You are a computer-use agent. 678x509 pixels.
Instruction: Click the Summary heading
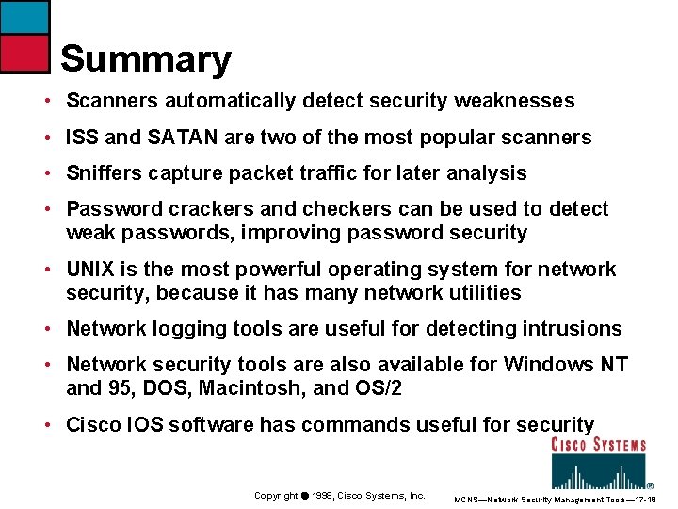pyautogui.click(x=146, y=59)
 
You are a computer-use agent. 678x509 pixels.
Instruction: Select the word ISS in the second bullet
pyautogui.click(x=82, y=138)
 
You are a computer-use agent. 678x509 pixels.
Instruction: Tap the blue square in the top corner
pyautogui.click(x=24, y=17)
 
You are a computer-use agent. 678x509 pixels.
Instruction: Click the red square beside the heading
pyautogui.click(x=24, y=54)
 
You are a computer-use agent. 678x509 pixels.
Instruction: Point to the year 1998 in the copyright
pyautogui.click(x=323, y=496)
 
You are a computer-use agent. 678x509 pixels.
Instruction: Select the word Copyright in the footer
pyautogui.click(x=276, y=496)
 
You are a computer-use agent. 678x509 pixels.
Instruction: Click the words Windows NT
pyautogui.click(x=566, y=365)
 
